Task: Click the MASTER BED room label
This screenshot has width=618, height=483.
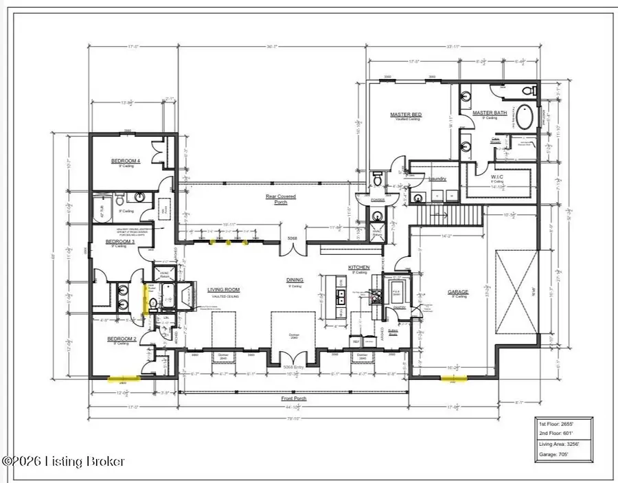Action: [x=405, y=115]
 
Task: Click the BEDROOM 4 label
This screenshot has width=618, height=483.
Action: [x=126, y=161]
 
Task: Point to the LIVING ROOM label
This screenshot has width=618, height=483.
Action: [x=223, y=291]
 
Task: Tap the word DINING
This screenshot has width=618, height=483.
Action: [x=295, y=280]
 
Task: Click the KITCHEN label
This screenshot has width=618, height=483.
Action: [x=358, y=267]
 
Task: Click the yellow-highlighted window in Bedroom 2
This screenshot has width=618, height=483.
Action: [x=124, y=378]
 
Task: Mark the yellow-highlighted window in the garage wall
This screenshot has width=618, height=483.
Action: [x=454, y=378]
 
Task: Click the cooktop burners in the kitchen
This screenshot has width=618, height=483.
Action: [x=376, y=296]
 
